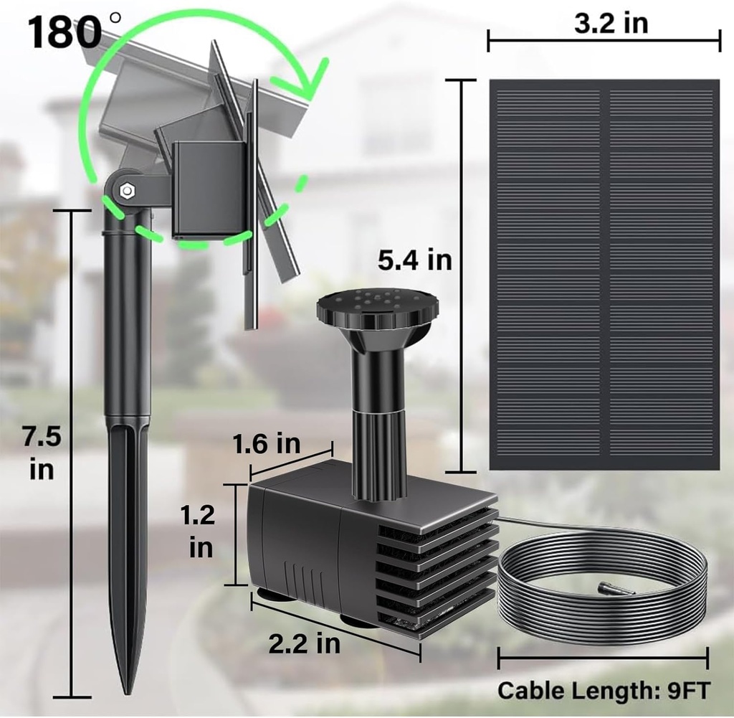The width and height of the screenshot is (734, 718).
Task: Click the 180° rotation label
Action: pos(65,32)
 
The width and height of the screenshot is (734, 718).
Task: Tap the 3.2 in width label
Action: pos(611,23)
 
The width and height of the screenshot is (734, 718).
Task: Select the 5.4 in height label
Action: pos(416,260)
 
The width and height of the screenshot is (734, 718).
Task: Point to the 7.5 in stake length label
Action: pos(42,453)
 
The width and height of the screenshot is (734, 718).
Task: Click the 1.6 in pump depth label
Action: pos(266,444)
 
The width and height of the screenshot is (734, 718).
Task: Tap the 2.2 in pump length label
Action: pos(305,643)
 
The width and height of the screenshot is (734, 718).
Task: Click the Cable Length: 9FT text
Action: pos(604,691)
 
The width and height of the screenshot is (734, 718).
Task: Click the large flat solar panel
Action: pos(604,274)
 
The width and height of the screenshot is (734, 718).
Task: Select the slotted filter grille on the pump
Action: pos(437,567)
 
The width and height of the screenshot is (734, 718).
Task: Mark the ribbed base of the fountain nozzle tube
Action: pos(379,459)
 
